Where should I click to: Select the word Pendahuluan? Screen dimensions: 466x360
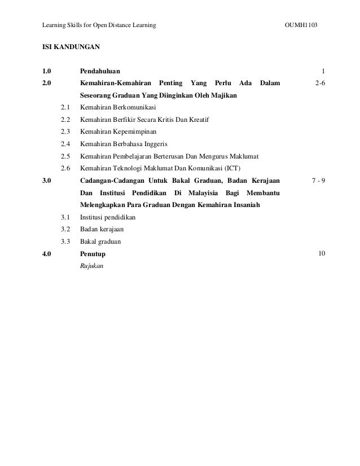pos(99,71)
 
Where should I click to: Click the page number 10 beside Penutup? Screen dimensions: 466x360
pos(321,253)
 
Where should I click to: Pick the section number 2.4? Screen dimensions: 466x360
pos(65,144)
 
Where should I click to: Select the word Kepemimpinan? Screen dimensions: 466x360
pos(133,131)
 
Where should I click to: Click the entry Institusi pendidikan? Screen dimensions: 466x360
pos(108,217)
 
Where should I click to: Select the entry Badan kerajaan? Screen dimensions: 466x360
pos(102,229)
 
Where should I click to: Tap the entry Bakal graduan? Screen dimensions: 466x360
pos(100,241)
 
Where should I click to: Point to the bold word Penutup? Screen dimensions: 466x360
pos(93,254)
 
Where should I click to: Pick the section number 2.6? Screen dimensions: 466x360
pos(65,168)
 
